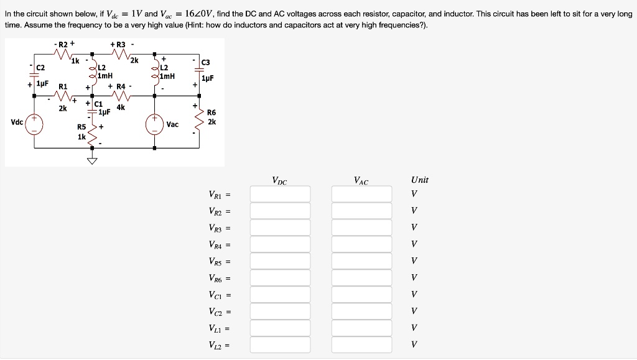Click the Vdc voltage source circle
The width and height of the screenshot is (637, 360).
coord(34,123)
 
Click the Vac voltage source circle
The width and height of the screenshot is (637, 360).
coord(155,123)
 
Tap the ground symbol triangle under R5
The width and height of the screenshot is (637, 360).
coord(93,161)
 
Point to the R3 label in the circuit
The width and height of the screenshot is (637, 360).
coord(118,44)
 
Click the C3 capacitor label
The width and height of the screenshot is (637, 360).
coord(207,62)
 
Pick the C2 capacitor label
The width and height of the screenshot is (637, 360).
coord(40,67)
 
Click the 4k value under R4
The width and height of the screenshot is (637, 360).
coord(120,107)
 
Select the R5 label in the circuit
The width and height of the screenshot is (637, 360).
coord(81,129)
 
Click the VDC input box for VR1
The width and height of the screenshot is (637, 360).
coord(280,194)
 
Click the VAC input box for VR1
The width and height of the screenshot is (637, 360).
coord(361,194)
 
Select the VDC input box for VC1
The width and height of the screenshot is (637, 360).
coord(280,294)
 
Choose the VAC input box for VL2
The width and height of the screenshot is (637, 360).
coord(361,344)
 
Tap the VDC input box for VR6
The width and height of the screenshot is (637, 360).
coord(280,277)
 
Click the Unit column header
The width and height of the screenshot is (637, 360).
coord(419,180)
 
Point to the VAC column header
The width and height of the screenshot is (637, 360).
coord(361,181)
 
